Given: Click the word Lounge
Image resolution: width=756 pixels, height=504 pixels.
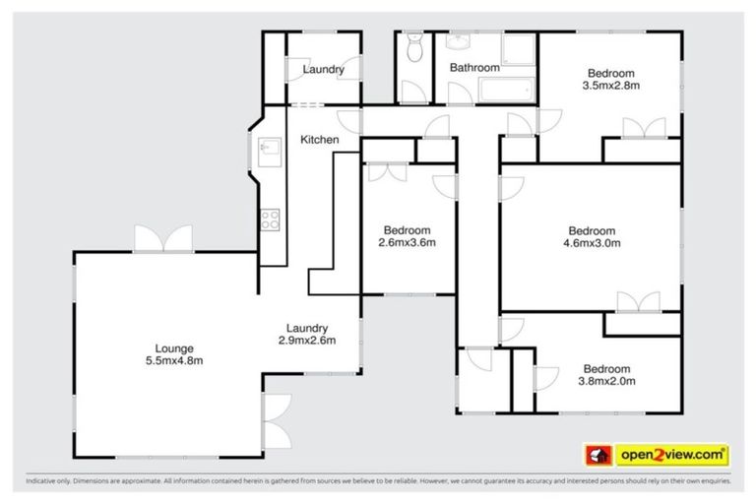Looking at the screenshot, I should (172, 347).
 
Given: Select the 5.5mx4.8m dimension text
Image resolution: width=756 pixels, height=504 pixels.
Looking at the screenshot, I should (172, 361).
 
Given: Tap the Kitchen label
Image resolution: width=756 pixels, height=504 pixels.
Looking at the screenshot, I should (320, 140).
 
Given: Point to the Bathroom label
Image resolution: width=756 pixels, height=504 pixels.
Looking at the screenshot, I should (474, 68).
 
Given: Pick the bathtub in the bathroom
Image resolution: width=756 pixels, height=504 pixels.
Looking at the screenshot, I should (506, 93).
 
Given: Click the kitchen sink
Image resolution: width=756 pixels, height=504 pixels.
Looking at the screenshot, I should (267, 152).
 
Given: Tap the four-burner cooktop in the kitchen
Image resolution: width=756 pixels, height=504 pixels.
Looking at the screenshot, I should (269, 220).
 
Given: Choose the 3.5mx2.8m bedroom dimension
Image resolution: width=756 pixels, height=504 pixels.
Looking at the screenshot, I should (610, 86).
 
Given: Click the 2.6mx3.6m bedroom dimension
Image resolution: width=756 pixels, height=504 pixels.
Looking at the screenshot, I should (407, 242).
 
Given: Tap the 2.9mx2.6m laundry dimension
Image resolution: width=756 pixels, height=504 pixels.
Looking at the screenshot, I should (307, 342).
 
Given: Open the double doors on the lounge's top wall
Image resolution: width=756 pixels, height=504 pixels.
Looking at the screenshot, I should (162, 238).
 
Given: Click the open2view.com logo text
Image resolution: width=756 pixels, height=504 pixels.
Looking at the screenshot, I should (672, 455).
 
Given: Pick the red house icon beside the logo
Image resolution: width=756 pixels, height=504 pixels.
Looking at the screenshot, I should (597, 455).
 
